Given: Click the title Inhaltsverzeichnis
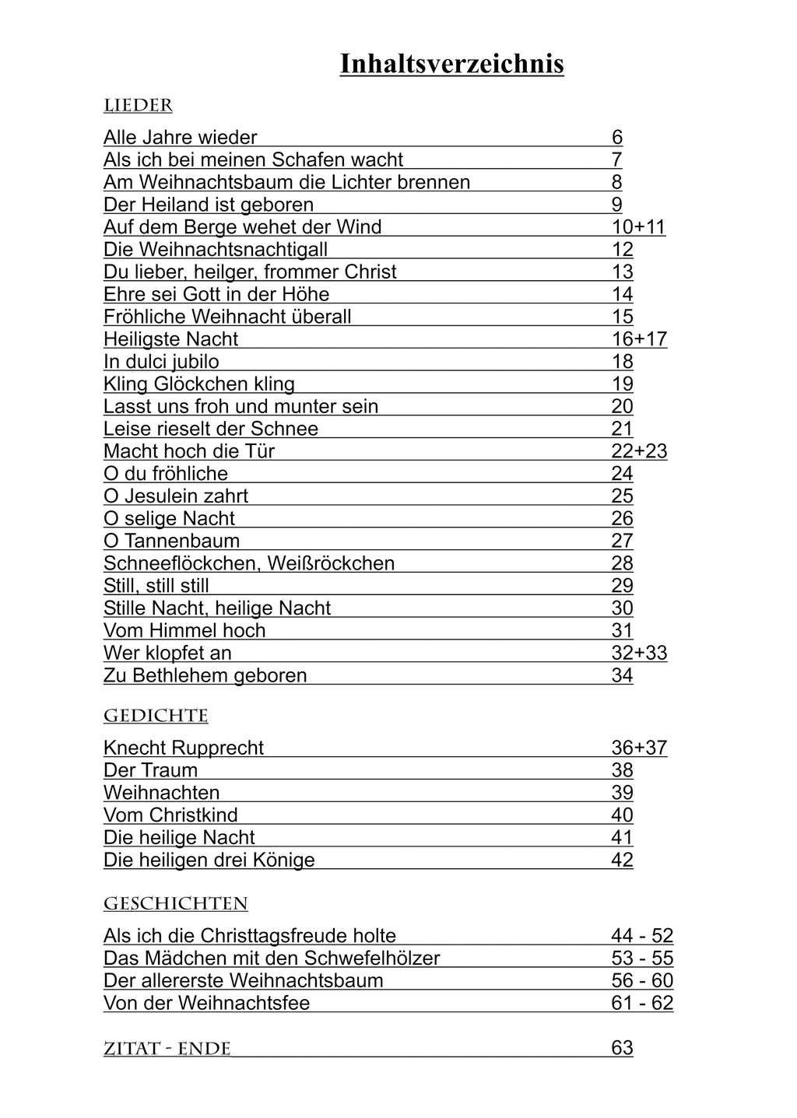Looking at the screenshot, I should (451, 65).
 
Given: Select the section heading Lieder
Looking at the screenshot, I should (138, 106).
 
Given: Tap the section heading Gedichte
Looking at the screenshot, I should (156, 716).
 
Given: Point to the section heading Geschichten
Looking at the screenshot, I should (175, 904).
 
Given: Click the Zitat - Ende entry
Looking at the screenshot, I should (167, 1049).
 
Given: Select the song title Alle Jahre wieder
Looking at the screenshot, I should (180, 138).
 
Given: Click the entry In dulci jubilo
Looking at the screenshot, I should (161, 362).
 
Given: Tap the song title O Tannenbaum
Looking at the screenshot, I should (171, 541).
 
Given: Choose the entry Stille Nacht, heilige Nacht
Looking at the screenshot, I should (217, 608).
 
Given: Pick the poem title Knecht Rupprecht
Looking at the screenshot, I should (184, 748).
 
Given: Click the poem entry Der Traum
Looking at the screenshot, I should (150, 770).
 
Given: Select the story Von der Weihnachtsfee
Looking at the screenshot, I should (206, 1003).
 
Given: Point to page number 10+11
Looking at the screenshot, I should (638, 227).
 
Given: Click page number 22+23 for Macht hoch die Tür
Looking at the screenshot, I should (639, 451).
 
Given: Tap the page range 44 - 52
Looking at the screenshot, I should (642, 936).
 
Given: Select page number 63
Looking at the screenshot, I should (622, 1048).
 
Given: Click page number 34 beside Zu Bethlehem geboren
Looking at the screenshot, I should (622, 675).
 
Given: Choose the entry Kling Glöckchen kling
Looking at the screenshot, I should (199, 384).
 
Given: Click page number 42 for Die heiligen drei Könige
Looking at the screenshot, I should (622, 860).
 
